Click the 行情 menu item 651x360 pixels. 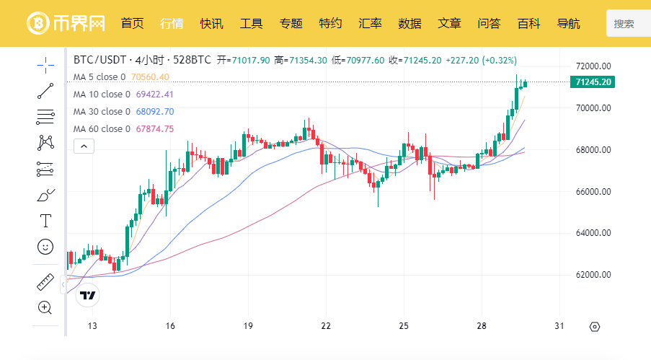[x=172, y=23]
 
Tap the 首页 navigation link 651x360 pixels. [x=133, y=23]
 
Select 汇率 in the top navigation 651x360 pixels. [x=370, y=23]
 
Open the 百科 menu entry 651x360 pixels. [x=528, y=23]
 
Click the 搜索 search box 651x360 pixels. [x=629, y=24]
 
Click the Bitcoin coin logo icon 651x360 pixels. [x=38, y=23]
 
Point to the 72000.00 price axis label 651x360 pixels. [x=593, y=66]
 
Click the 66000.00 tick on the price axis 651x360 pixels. [x=593, y=192]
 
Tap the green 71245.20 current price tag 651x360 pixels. [x=593, y=82]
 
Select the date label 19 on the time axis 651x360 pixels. [x=248, y=326]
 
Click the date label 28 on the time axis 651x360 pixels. [x=482, y=326]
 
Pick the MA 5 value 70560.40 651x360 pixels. [x=150, y=77]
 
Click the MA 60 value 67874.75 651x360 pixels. [x=155, y=129]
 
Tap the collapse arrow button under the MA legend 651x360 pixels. [x=84, y=146]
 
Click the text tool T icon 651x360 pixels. [x=45, y=221]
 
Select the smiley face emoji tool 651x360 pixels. [x=45, y=247]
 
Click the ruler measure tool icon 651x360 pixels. [x=45, y=282]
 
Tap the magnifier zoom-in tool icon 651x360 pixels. [x=45, y=307]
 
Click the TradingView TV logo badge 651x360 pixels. [x=88, y=295]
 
